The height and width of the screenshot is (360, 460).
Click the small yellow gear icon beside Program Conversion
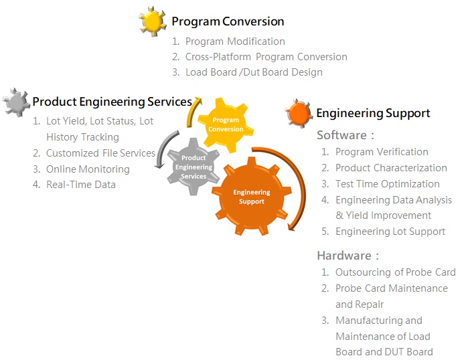click(152, 21)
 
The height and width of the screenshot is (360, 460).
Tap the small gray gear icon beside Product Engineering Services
click(16, 102)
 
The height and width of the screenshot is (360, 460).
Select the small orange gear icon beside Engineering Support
click(299, 114)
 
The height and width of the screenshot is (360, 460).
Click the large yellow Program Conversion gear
click(226, 125)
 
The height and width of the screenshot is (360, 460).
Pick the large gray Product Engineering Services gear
click(194, 167)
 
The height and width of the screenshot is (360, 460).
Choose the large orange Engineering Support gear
click(252, 197)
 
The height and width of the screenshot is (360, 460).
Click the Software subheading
click(346, 135)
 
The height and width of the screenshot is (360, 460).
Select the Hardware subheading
click(348, 256)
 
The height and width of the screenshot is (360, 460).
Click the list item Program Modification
click(235, 41)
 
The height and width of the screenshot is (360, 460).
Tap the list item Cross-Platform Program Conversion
click(266, 57)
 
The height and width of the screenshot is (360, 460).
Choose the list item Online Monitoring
click(88, 169)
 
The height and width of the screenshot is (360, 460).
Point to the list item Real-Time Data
click(81, 185)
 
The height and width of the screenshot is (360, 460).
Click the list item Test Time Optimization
click(388, 184)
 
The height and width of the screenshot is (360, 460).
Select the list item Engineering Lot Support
click(390, 232)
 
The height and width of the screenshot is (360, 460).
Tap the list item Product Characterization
click(391, 168)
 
